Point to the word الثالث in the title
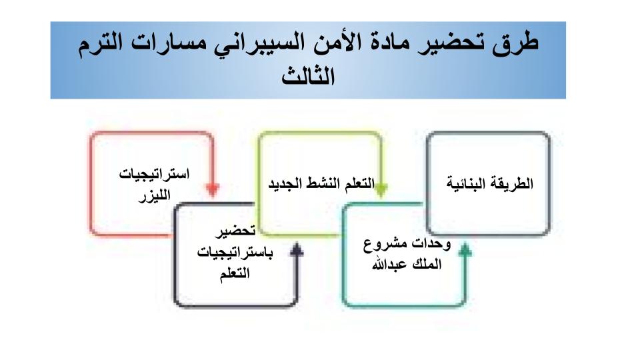(308, 75)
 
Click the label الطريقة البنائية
(490, 183)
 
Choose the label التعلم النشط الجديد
(321, 183)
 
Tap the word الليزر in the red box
(154, 195)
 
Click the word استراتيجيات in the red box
(154, 174)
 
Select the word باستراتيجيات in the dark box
(235, 253)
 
